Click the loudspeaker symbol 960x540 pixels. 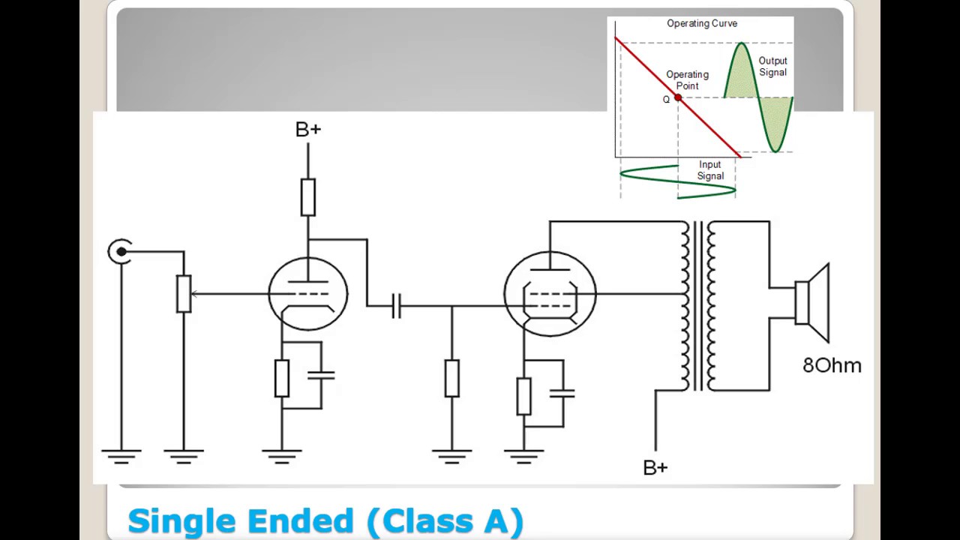click(811, 303)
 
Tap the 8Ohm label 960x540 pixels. click(832, 365)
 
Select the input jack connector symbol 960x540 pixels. click(119, 251)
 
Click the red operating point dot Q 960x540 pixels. click(678, 97)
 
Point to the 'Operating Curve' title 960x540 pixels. click(702, 23)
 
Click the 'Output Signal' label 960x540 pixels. click(772, 67)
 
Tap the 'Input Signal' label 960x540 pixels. click(710, 170)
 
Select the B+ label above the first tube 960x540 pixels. click(308, 130)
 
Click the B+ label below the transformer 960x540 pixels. click(655, 467)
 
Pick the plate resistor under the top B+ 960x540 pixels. click(308, 197)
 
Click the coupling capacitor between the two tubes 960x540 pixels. click(397, 306)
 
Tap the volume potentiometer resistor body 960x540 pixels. click(184, 293)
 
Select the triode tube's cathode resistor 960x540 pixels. click(281, 379)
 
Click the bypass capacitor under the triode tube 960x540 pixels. click(321, 376)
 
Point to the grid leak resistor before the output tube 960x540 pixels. click(451, 379)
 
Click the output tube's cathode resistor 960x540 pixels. click(523, 397)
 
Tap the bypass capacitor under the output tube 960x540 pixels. click(562, 394)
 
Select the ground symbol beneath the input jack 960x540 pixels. click(121, 457)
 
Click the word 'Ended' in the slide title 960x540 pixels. click(301, 520)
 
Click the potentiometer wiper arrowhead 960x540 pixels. click(193, 294)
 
